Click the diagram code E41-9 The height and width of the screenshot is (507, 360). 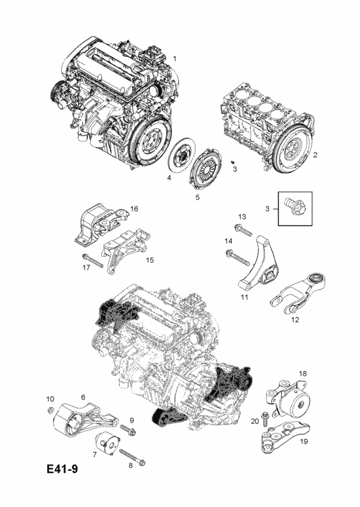[x=62, y=469]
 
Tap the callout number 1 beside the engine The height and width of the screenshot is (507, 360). [x=175, y=58]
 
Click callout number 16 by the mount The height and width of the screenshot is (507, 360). [x=134, y=208]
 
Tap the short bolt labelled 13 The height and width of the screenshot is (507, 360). [x=242, y=229]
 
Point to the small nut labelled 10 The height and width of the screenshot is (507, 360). [x=50, y=410]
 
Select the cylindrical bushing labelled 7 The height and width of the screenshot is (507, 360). [x=108, y=443]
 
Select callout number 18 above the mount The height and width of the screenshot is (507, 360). [x=302, y=373]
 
